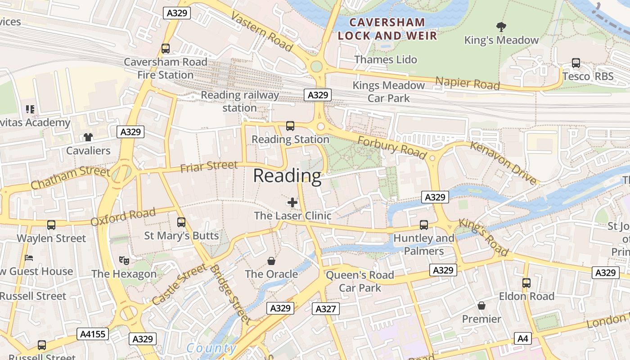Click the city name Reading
point(287,176)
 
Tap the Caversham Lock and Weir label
point(387,29)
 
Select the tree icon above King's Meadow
point(501,27)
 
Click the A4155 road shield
point(92,334)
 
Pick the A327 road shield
point(325,309)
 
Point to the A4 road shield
point(522,338)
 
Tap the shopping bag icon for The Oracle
point(271,261)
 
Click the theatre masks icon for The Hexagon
point(124,260)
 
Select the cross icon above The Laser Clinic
point(292,202)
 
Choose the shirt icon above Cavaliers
point(88,137)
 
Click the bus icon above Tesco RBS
point(576,63)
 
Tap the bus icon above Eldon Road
point(526,283)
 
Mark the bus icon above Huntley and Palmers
point(424,225)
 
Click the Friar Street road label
point(209,166)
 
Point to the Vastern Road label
point(261,32)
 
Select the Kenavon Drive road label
point(504,162)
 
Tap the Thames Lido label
point(386,59)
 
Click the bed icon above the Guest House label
point(29,258)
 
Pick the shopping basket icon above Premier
point(481,306)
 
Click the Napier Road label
point(468,83)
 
